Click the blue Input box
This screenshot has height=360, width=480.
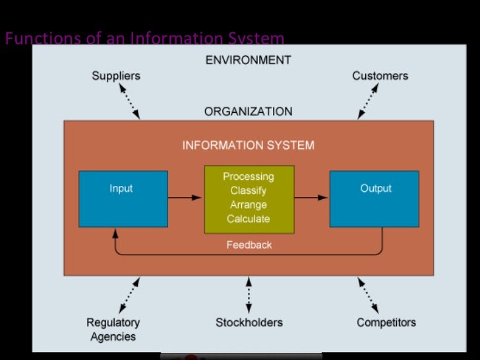(123, 198)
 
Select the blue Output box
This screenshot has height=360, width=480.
(374, 198)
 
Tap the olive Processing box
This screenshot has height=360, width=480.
(248, 198)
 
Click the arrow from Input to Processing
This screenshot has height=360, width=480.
(185, 197)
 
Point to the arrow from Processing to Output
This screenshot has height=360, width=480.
(311, 197)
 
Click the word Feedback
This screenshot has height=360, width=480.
(249, 245)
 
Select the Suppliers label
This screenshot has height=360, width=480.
(115, 76)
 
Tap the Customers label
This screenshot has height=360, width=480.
(380, 76)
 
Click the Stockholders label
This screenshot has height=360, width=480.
(249, 322)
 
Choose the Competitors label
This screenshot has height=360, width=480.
(386, 322)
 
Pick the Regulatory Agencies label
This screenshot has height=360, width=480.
(113, 330)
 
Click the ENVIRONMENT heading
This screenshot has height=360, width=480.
(248, 60)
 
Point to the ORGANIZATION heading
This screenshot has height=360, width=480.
(248, 111)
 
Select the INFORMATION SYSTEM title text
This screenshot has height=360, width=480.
(248, 145)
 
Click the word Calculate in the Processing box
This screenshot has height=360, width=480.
(248, 219)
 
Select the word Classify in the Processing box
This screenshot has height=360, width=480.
(248, 191)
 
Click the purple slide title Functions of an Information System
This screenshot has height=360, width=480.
(144, 38)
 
